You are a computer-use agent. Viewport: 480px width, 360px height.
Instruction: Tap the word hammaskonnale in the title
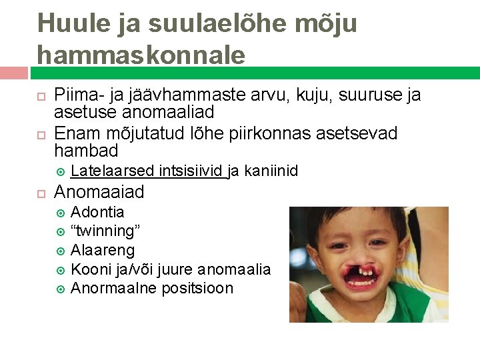(141, 54)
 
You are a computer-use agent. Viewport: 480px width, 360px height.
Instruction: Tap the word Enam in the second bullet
(74, 133)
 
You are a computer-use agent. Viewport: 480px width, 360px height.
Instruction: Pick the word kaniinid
(271, 171)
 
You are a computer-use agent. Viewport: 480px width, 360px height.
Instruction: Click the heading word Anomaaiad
(99, 193)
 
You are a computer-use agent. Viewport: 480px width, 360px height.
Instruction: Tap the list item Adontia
(97, 212)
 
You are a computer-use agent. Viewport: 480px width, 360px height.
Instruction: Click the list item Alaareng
(103, 250)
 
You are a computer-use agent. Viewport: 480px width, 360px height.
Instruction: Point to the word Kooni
(90, 269)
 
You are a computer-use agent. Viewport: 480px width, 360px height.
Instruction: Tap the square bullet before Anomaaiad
(40, 193)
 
